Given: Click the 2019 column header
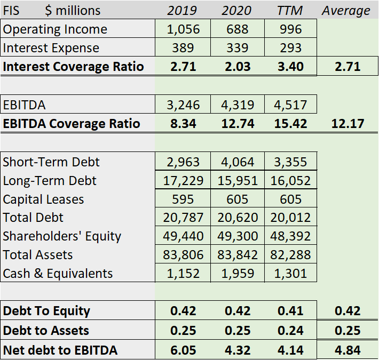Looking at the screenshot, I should coord(182,10).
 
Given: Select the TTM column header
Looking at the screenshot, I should coord(290,10).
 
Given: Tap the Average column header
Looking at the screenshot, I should coord(346,10).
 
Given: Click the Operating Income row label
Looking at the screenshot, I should coord(55,29).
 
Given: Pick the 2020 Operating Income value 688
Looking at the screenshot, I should coord(237,29).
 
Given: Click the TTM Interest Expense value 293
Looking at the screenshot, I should coord(290,48).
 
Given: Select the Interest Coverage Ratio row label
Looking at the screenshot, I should coord(73,67).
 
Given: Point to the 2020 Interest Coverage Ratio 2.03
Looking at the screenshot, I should coord(237,67).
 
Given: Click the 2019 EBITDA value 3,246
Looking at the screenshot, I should coord(183,105).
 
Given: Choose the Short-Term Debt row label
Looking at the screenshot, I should coord(51,162).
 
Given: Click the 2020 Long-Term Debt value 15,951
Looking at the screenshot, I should coord(237,181).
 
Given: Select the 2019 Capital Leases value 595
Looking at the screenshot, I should coord(183,199).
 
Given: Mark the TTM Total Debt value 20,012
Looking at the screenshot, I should coord(290,218).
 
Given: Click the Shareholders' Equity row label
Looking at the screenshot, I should coord(62,236).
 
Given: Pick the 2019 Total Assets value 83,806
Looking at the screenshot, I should coord(183,255).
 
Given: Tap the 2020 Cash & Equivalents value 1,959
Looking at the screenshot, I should coord(237,274).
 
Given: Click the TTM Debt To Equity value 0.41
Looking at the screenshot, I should coord(290,311).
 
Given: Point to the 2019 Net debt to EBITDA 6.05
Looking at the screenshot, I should coord(183,350).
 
